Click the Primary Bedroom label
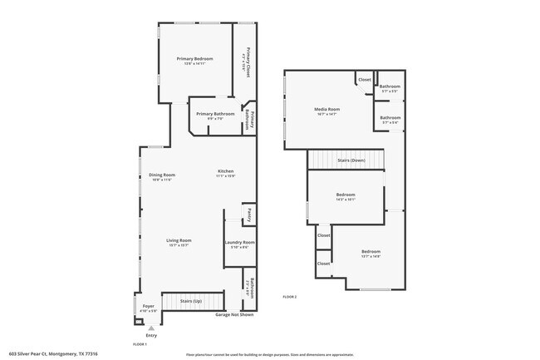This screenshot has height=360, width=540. click(195, 58)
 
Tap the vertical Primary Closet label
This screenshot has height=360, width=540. click(244, 62)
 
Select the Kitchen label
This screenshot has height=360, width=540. click(226, 171)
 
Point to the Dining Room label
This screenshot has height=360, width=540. click(161, 175)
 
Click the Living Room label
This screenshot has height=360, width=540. click(180, 240)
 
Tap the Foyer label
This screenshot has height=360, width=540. click(148, 305)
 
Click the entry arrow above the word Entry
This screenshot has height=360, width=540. click(151, 328)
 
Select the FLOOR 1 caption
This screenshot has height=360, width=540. click(140, 343)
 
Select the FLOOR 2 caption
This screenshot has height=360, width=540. click(289, 297)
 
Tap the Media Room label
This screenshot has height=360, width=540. click(326, 109)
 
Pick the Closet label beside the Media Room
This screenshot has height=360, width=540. click(365, 80)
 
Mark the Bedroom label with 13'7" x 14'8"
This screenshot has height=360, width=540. click(371, 251)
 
